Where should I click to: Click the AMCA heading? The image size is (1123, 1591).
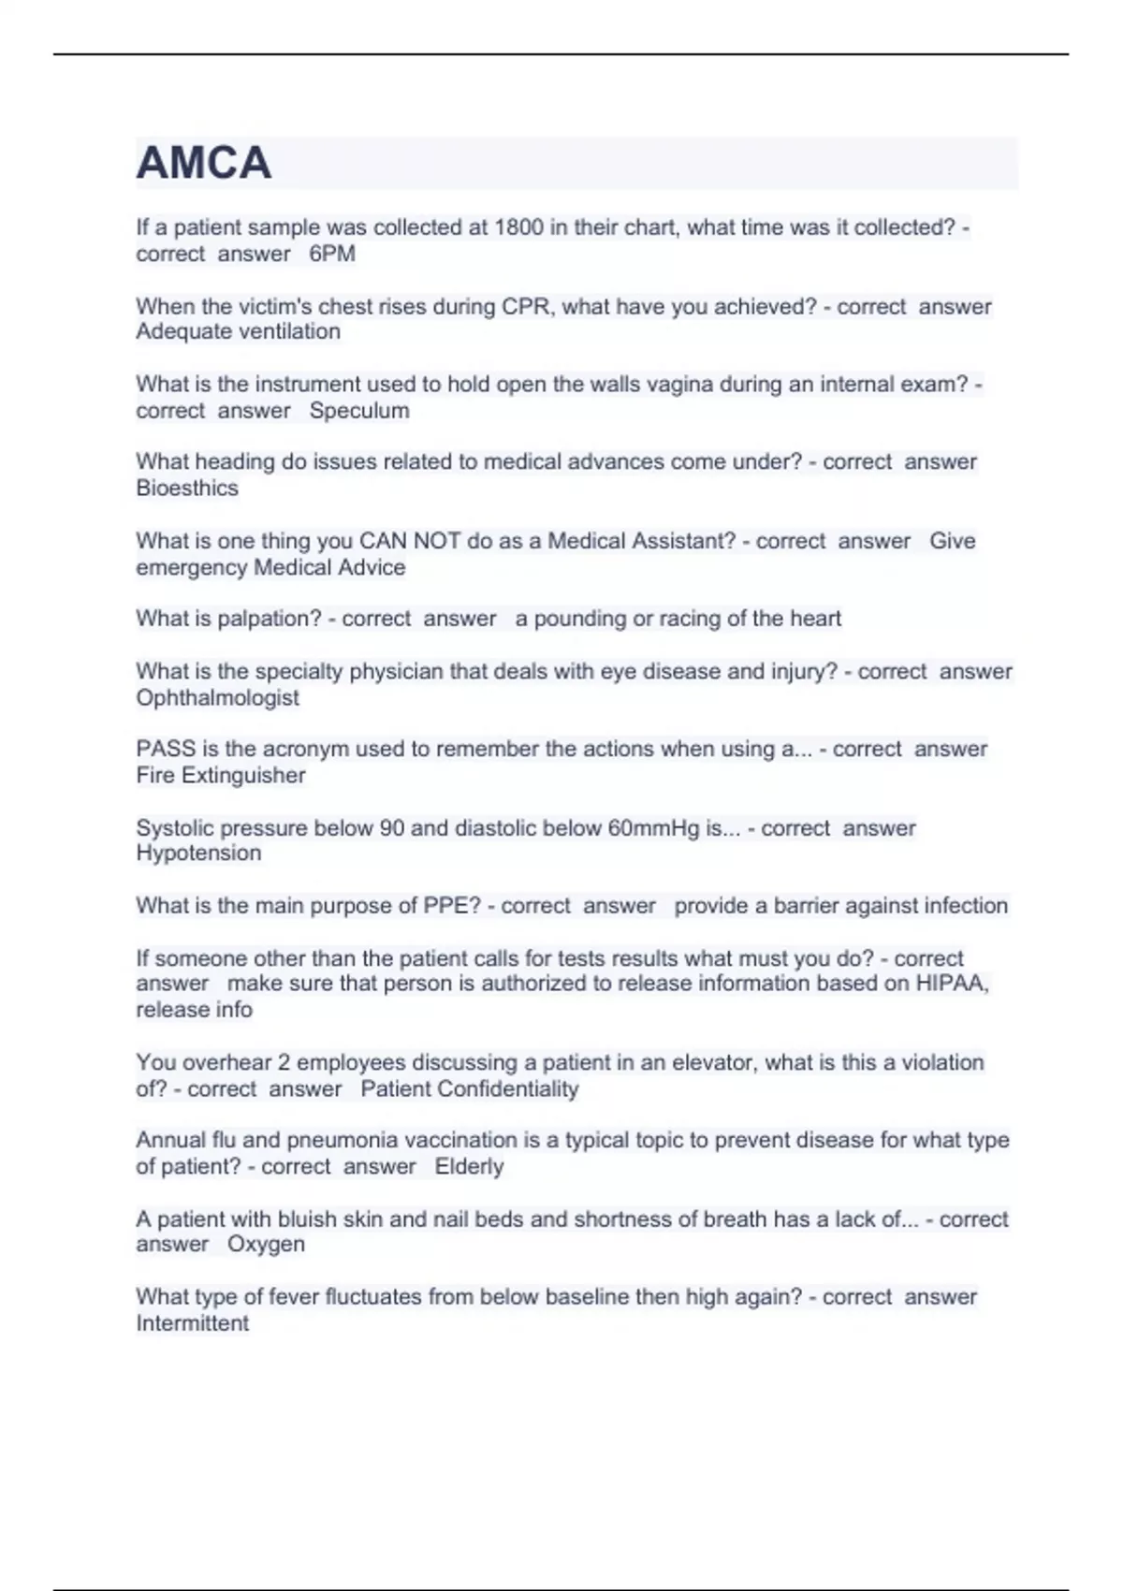click(x=204, y=164)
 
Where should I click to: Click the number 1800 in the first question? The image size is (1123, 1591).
click(x=518, y=227)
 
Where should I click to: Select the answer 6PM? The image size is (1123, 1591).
click(x=332, y=254)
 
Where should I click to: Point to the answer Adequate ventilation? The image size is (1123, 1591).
click(x=238, y=331)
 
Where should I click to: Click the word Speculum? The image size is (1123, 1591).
click(x=359, y=411)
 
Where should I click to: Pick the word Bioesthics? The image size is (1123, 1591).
click(x=187, y=488)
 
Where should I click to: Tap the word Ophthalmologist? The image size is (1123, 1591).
click(x=217, y=697)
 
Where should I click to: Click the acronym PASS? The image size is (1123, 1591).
click(x=166, y=749)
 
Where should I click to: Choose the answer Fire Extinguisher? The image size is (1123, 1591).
click(x=221, y=775)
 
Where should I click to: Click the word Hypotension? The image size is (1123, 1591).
click(x=198, y=853)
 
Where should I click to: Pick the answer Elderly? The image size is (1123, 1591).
click(x=469, y=1166)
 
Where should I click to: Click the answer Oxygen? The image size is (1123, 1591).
click(x=266, y=1245)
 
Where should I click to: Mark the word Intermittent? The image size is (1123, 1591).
click(x=192, y=1323)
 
